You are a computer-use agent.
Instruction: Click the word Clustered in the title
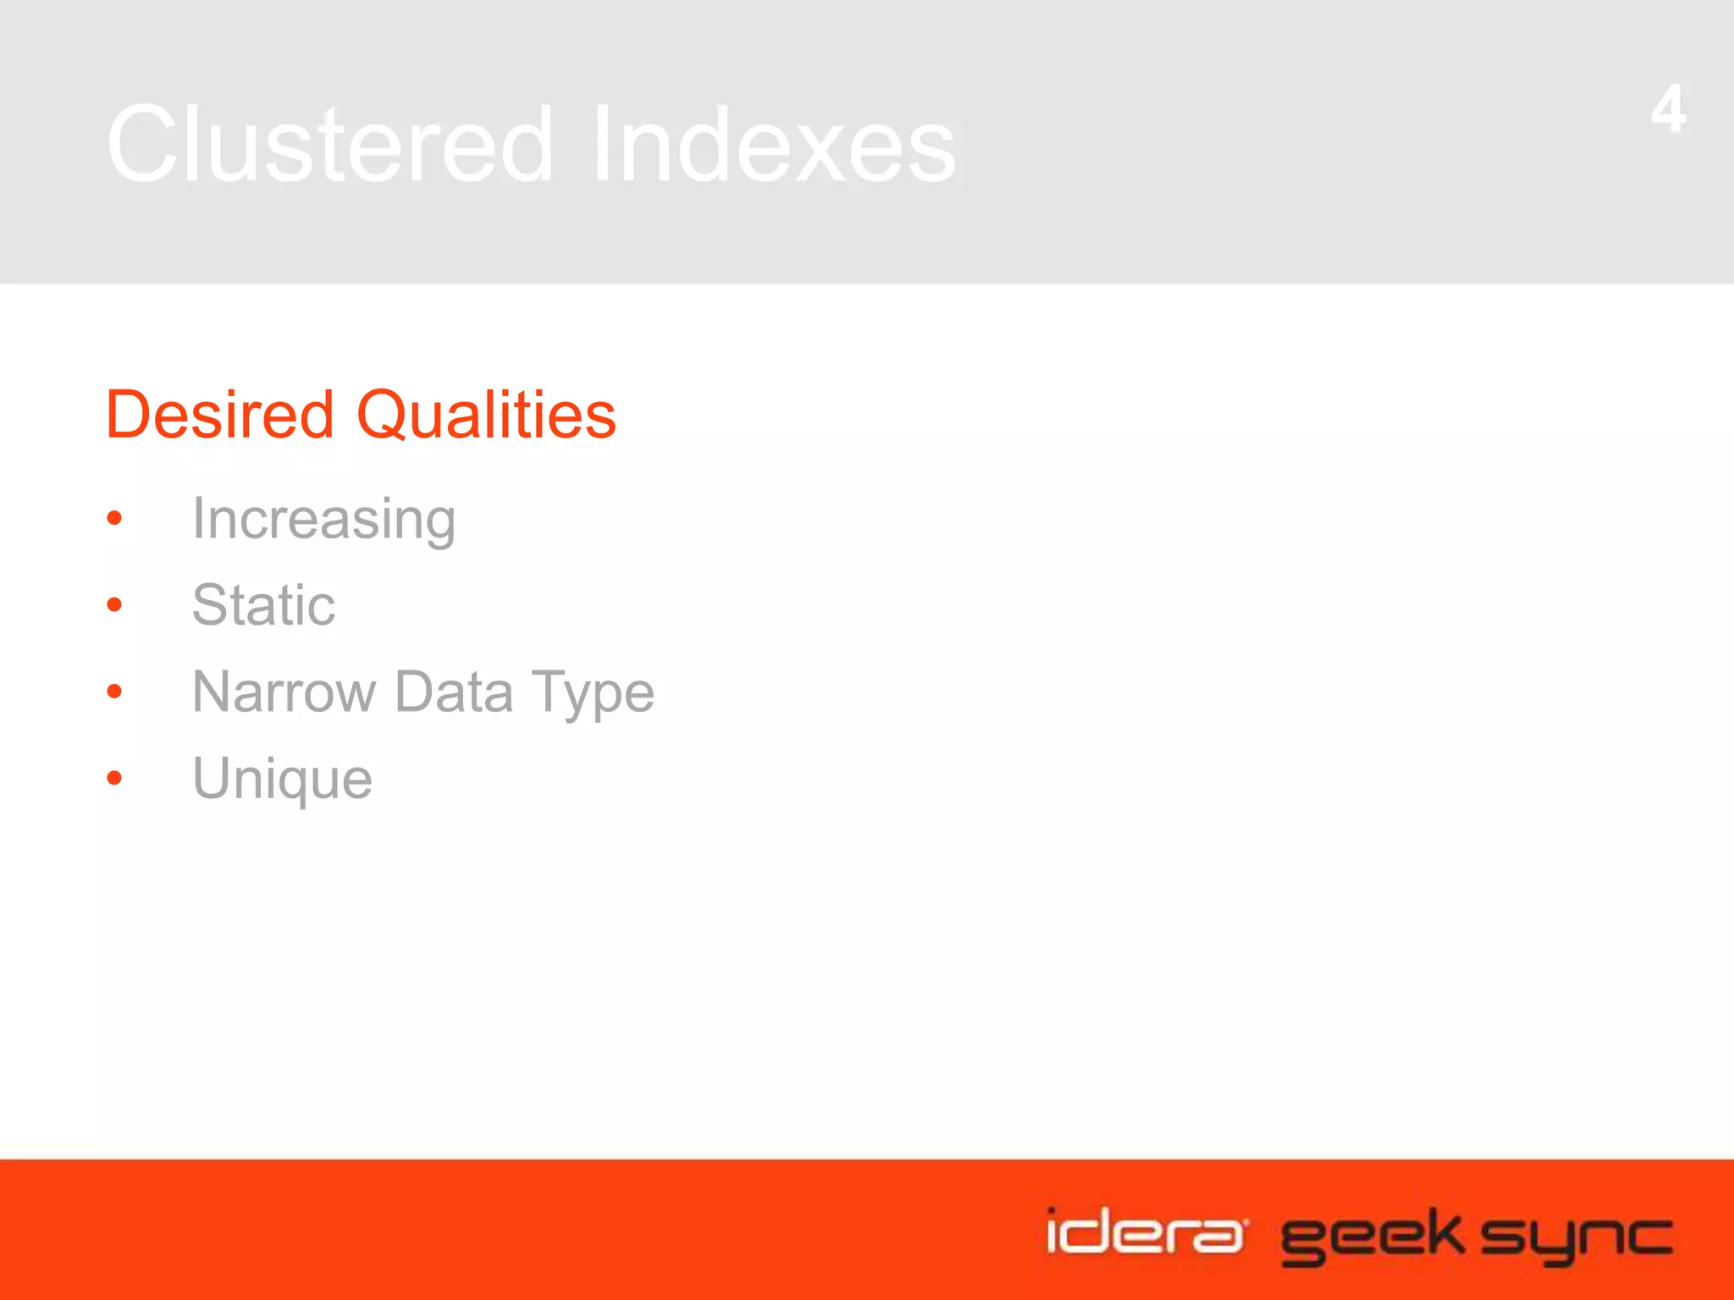[330, 144]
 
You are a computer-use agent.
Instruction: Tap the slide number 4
[1668, 109]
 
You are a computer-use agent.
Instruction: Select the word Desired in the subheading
[220, 415]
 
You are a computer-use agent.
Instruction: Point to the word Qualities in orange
[486, 416]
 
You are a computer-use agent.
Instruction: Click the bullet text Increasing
[323, 520]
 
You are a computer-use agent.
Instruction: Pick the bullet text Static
[263, 605]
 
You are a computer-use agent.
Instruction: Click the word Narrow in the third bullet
[284, 692]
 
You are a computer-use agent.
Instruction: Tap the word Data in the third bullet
[454, 692]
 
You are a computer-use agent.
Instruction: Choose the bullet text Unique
[282, 779]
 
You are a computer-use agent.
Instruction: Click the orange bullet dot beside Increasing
[115, 518]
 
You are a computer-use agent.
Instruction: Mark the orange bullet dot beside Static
[115, 604]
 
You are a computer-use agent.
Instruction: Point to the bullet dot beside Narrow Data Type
[115, 691]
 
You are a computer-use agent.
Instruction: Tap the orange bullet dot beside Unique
[115, 778]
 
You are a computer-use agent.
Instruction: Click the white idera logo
[1145, 1232]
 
